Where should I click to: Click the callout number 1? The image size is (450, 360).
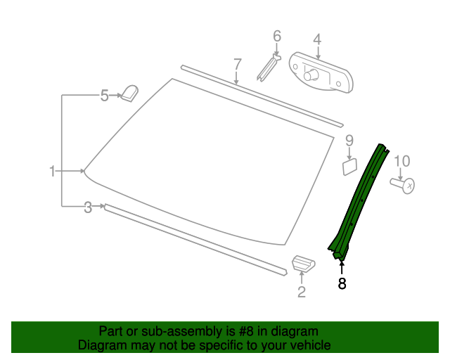click(52, 171)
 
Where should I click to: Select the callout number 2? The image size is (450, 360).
click(302, 292)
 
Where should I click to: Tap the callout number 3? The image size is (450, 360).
click(88, 207)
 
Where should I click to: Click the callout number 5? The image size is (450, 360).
click(104, 95)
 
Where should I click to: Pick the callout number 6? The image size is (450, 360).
click(276, 35)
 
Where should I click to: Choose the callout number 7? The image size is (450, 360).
click(238, 64)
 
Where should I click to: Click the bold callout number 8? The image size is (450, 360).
click(342, 284)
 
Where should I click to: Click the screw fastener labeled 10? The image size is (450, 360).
click(403, 184)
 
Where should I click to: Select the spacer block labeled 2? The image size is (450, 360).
click(303, 264)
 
